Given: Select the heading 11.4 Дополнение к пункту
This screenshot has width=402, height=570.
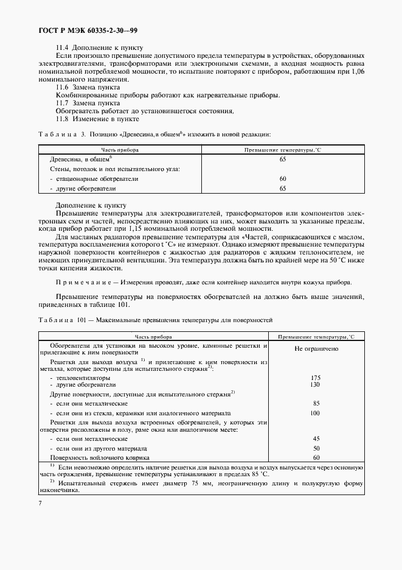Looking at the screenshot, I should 99,47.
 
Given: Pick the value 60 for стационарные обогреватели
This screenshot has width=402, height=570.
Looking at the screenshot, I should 282,179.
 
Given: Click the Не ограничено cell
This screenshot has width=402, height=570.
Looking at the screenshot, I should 316,349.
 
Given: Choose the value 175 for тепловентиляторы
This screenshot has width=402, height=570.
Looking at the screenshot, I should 316,378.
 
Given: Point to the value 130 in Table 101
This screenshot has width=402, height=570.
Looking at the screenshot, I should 316,385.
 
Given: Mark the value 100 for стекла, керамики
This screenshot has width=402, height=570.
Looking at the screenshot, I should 316,413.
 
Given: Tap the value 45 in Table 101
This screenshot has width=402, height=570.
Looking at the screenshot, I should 316,438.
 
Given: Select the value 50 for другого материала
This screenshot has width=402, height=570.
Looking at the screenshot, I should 316,448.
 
